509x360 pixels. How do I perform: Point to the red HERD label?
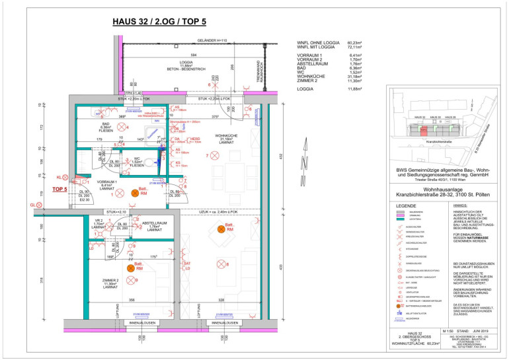[177, 139]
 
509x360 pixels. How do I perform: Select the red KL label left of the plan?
[59, 178]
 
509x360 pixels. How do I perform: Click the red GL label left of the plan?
[32, 206]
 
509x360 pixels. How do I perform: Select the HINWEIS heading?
[461, 205]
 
